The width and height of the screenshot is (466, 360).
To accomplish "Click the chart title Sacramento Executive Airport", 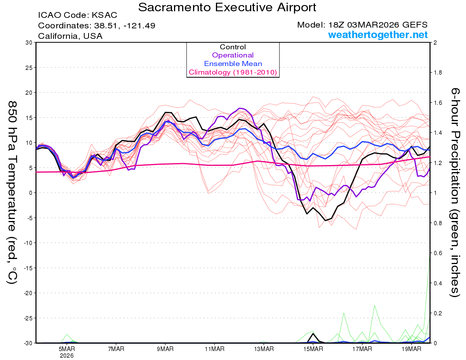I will click(227, 7).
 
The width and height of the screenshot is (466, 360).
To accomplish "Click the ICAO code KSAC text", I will click(77, 16).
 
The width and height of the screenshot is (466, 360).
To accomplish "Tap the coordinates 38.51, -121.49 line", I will click(97, 26).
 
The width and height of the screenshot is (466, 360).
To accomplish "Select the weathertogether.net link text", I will click(378, 35).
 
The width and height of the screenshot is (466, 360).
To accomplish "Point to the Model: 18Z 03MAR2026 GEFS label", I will click(362, 25).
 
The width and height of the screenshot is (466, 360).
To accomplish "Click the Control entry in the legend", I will click(233, 47).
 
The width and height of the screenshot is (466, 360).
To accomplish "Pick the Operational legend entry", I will click(233, 55).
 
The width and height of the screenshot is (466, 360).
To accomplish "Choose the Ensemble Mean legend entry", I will click(233, 64).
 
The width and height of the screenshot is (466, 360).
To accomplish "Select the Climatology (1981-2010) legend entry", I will click(233, 72).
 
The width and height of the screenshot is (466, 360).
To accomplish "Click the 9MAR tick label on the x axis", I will click(165, 349).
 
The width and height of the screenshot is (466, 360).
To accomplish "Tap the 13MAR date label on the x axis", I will click(264, 349).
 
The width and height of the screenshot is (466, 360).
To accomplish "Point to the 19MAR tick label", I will click(411, 349).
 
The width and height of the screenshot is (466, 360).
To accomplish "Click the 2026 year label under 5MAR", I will click(67, 355).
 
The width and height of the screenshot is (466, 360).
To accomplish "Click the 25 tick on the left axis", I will click(28, 67).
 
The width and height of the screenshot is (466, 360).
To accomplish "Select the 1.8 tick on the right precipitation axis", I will click(438, 73).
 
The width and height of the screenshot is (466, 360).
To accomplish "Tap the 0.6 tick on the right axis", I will click(438, 253).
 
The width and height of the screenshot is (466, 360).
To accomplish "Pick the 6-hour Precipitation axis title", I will click(455, 192).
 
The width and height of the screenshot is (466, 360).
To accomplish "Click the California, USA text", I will click(70, 36).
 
